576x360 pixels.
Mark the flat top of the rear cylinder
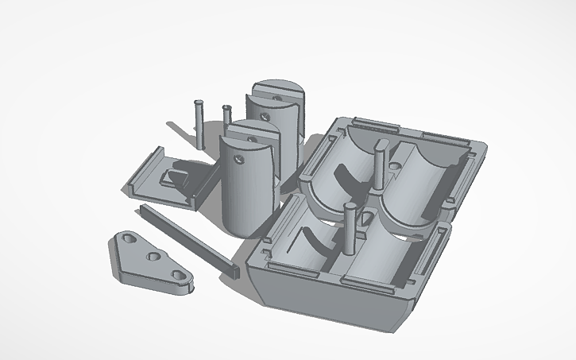tap(274, 90)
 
